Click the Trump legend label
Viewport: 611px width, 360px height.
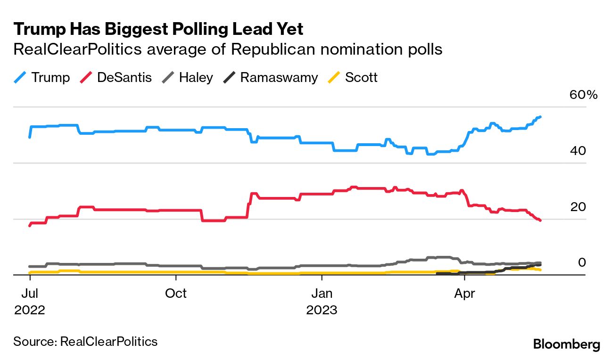50,77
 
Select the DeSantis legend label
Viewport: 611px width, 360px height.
124,77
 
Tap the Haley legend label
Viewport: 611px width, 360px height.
196,77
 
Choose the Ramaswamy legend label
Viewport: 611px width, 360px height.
279,77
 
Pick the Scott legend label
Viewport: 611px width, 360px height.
361,77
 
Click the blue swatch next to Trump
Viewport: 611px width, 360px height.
20,77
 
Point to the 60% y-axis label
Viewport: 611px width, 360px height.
583,95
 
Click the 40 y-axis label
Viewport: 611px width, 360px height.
578,151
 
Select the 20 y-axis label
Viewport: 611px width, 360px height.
578,207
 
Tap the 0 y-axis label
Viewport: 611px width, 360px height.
582,262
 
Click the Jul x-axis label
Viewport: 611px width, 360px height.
29,294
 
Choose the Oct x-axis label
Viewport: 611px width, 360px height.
175,294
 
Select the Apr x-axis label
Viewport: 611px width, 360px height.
464,294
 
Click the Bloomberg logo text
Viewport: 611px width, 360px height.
566,344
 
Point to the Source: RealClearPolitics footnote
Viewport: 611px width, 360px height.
85,341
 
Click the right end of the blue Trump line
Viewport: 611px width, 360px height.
540,116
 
